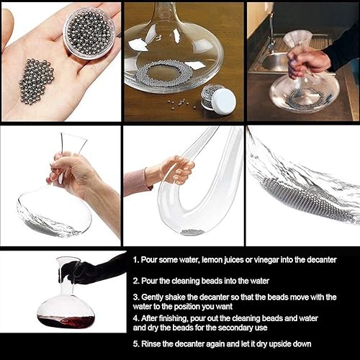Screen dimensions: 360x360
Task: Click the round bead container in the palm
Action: pos(89,32)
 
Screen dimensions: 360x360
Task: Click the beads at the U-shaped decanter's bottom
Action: pos(191,232)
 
